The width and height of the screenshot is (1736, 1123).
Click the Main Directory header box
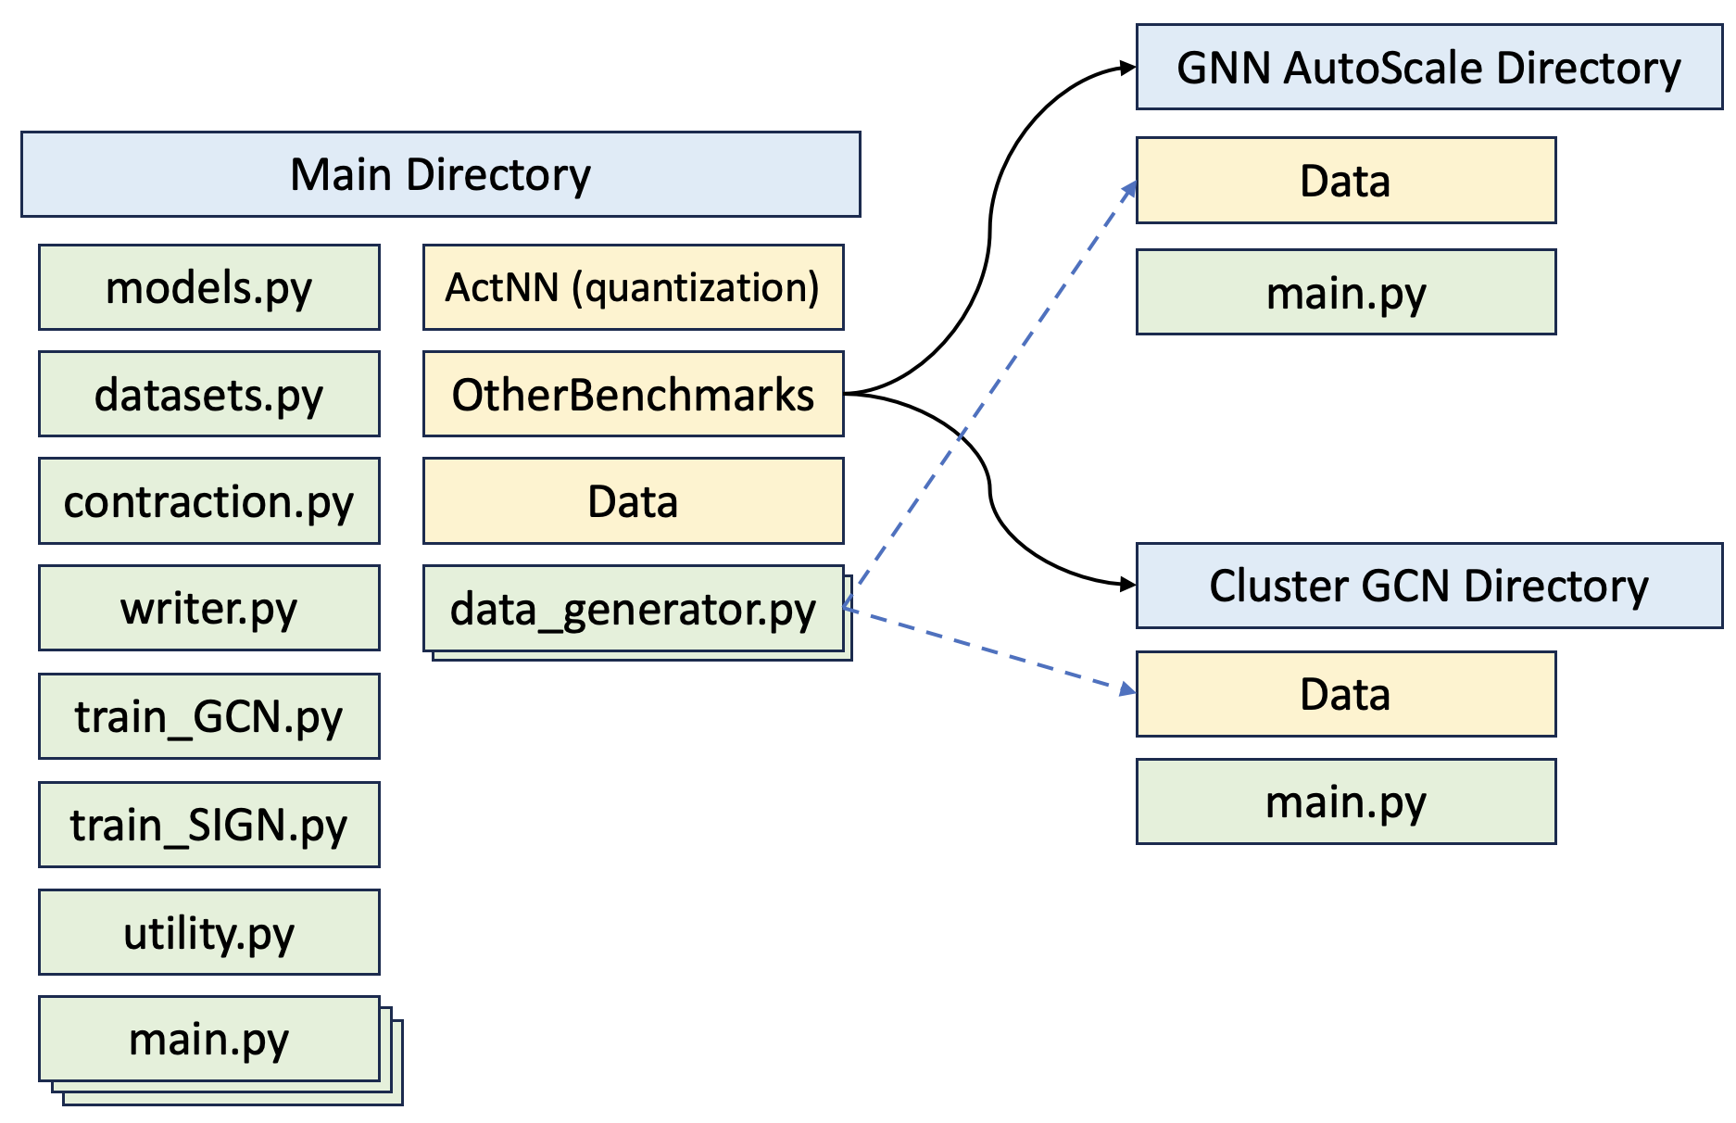[x=440, y=174]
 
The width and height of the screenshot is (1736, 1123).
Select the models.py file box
[x=208, y=287]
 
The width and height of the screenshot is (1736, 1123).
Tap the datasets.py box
[x=208, y=394]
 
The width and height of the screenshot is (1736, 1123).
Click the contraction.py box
[x=208, y=500]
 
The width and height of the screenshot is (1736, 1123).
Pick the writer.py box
[x=208, y=608]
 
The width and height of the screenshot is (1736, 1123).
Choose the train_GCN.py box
[x=208, y=716]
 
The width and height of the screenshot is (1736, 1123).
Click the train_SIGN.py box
[x=208, y=824]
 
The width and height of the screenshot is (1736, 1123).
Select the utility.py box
[x=208, y=932]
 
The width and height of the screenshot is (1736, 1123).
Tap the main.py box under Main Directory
[x=208, y=1039]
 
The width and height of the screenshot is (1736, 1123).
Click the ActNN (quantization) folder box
[x=633, y=287]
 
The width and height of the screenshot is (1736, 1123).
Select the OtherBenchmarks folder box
[x=633, y=394]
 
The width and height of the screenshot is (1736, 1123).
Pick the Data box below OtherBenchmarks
[x=633, y=500]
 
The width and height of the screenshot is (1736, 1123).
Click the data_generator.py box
[x=633, y=609]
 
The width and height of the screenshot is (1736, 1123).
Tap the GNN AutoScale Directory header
[x=1428, y=68]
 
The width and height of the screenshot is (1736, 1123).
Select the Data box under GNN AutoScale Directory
[x=1345, y=181]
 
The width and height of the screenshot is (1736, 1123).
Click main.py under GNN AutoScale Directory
[x=1345, y=292]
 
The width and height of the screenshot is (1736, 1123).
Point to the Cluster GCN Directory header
[x=1428, y=586]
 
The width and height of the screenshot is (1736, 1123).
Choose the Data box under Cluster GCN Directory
[x=1345, y=694]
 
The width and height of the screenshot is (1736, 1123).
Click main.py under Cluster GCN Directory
[x=1345, y=801]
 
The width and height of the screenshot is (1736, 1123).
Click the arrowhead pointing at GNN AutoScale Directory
[x=1127, y=68]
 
